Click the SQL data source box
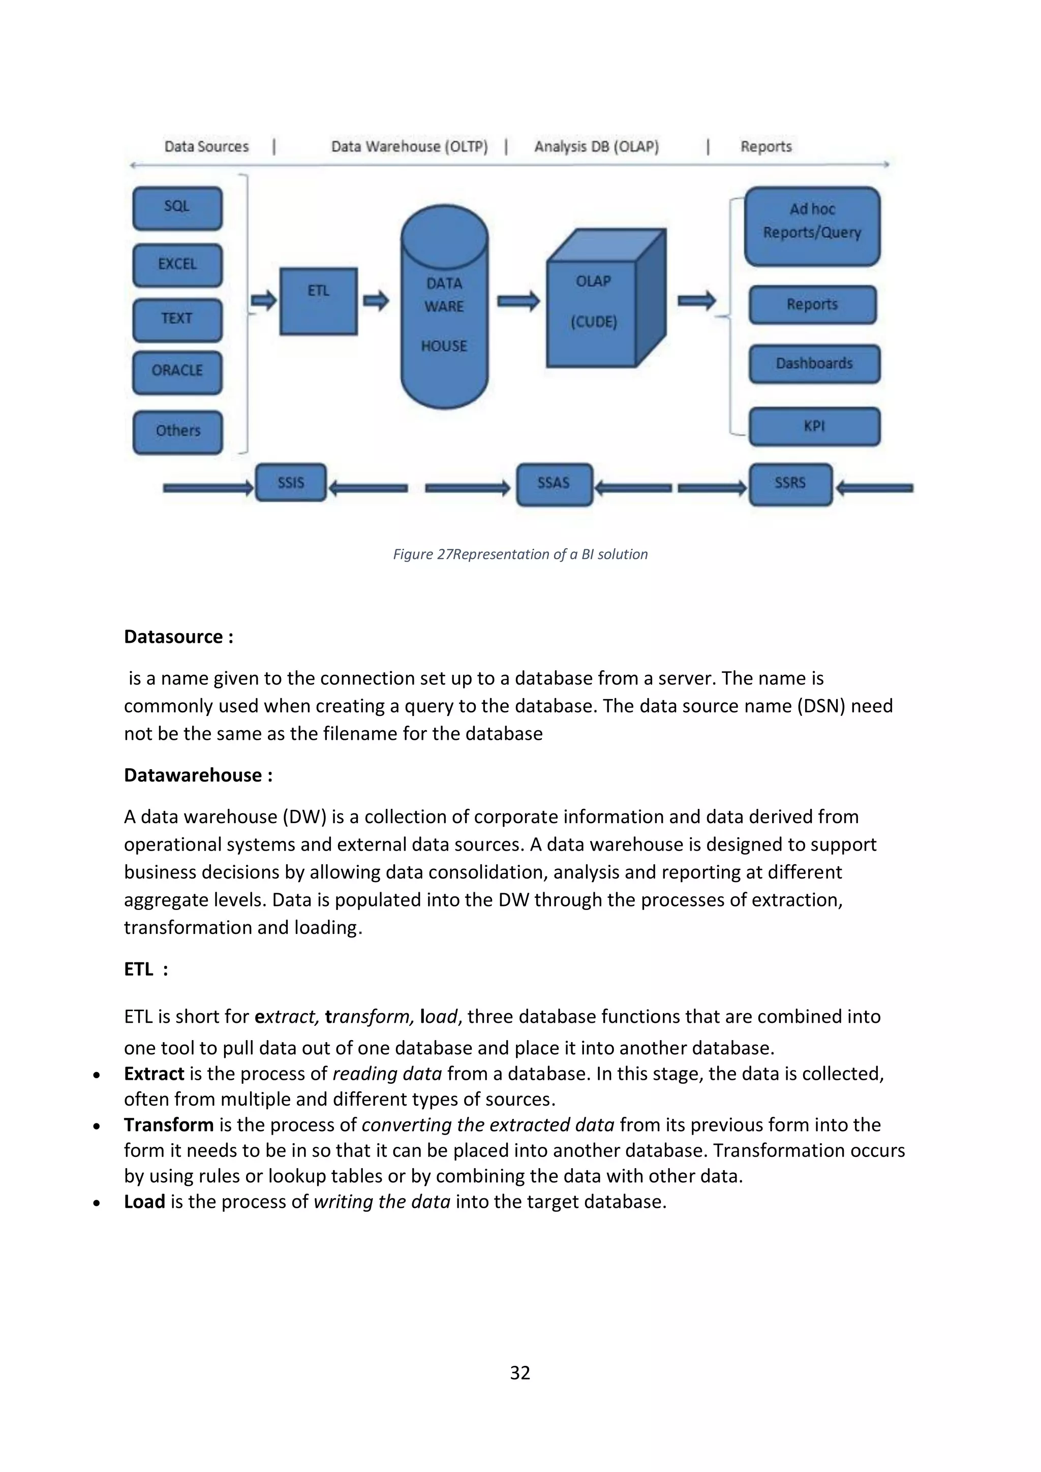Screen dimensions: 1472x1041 coord(177,208)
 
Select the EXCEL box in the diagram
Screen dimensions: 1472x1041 coord(177,265)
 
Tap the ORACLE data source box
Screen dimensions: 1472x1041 coord(177,372)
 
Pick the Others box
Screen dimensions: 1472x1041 coord(178,431)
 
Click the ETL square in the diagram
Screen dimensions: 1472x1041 coord(318,301)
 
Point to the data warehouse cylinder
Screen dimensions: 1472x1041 coord(444,308)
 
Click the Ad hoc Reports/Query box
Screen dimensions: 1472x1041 coord(812,226)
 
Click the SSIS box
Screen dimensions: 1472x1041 coord(291,483)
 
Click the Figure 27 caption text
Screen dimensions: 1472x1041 coord(520,554)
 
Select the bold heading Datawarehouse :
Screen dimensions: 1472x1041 coord(198,775)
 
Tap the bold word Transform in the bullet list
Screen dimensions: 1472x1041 coord(169,1124)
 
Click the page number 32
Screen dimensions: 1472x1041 coord(519,1372)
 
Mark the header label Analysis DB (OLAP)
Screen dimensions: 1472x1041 coord(597,147)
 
